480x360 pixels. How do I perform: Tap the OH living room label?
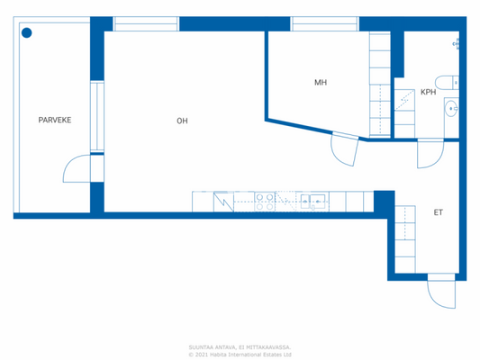(x=182, y=120)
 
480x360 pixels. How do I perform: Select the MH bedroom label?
(x=320, y=83)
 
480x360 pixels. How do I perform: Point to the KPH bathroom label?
(x=428, y=92)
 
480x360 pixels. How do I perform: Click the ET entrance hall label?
(x=438, y=213)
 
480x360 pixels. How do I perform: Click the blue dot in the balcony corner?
(x=27, y=33)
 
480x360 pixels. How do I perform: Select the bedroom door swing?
(x=345, y=150)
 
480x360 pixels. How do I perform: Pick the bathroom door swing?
(x=429, y=156)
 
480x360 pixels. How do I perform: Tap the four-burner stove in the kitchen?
(x=265, y=201)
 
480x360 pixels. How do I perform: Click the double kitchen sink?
(x=312, y=201)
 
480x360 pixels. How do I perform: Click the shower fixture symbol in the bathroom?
(x=456, y=43)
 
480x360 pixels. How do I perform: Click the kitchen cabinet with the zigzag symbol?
(x=223, y=201)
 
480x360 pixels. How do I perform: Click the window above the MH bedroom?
(x=312, y=24)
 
